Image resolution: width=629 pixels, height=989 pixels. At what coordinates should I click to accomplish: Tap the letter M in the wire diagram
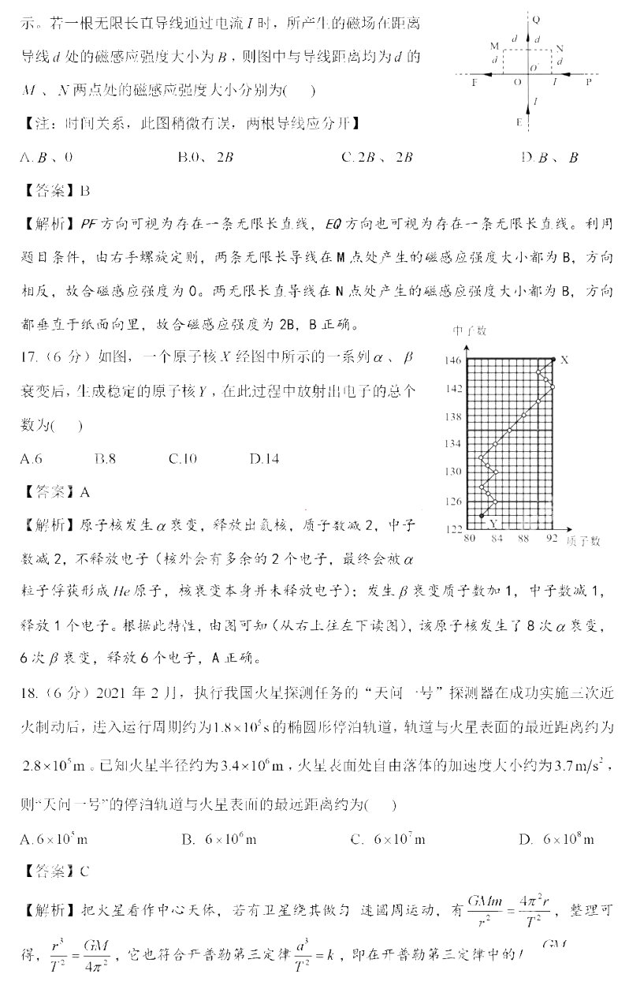point(493,47)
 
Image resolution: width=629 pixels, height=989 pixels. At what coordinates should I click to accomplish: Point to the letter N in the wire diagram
point(559,48)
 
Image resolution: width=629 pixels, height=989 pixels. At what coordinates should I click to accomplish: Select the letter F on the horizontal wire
point(474,81)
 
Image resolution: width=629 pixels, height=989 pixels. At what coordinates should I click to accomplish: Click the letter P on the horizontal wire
point(589,81)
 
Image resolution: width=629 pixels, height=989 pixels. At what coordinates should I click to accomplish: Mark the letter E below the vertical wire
point(518,122)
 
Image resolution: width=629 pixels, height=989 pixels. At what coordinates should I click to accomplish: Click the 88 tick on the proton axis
point(523,539)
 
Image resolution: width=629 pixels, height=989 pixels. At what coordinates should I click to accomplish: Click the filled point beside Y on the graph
point(481,516)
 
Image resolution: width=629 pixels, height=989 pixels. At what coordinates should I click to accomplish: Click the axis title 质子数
point(583,540)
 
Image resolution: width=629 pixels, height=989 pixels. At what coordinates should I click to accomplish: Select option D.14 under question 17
point(263,458)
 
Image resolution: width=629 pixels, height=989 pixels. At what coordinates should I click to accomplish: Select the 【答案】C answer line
point(58,871)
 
